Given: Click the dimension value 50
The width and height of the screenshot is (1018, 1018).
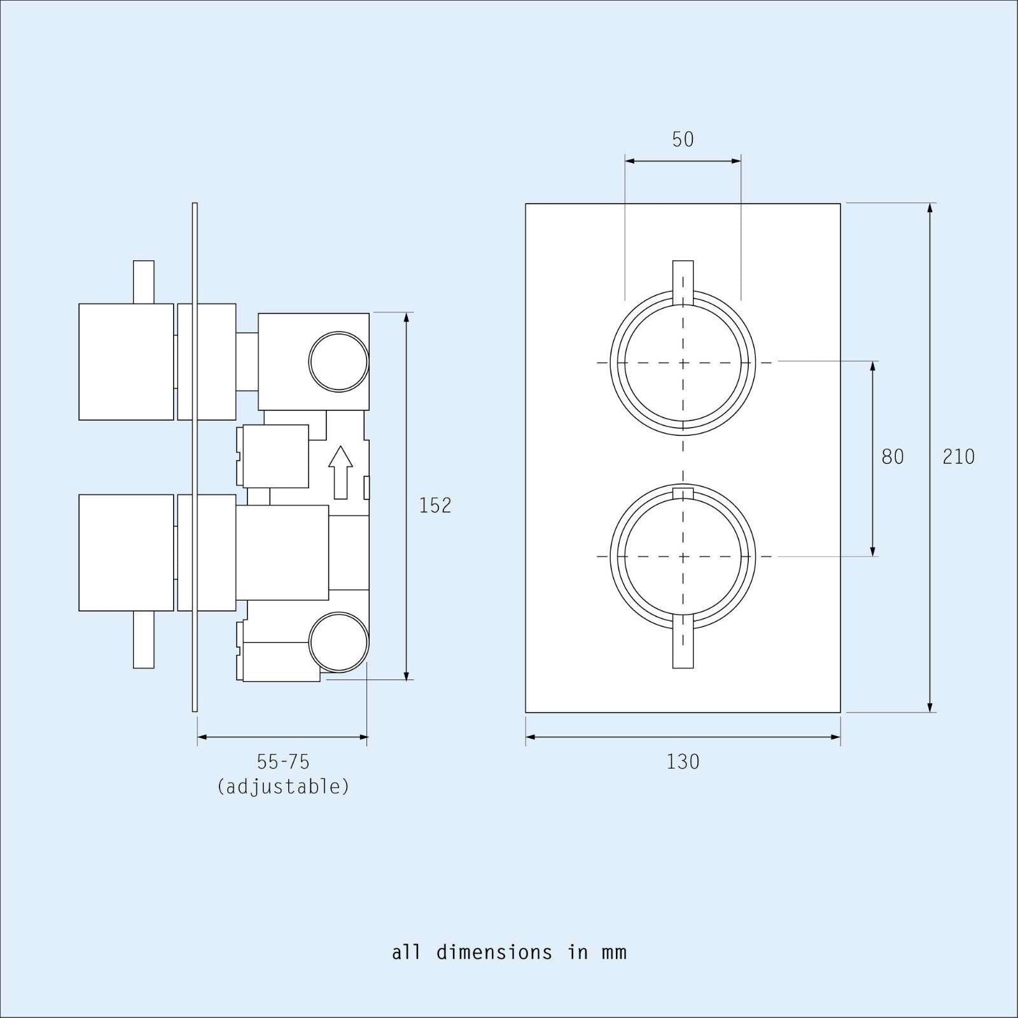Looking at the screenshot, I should [x=683, y=139].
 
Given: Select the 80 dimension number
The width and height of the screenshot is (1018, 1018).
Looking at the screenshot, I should [x=892, y=457].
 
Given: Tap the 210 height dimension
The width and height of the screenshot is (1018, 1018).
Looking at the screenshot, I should [x=958, y=457].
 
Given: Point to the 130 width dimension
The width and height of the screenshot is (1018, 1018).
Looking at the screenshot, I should [x=683, y=762].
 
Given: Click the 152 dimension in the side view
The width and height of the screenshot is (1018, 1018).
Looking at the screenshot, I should [x=435, y=505].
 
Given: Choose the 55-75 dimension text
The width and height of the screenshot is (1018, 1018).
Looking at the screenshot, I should [x=283, y=762].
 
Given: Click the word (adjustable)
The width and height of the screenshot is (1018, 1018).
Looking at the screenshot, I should [x=283, y=787].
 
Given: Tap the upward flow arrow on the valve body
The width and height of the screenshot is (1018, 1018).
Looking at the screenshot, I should [x=340, y=471].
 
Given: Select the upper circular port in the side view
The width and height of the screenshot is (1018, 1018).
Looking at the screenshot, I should [x=338, y=361].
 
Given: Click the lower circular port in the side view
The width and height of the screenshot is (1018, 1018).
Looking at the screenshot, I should [x=338, y=642].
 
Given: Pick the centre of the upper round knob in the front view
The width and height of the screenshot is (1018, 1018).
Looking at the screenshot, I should [x=683, y=363].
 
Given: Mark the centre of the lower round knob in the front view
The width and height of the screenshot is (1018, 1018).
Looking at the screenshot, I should [x=683, y=557].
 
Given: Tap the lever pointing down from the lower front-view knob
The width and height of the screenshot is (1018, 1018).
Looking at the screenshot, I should [x=683, y=643].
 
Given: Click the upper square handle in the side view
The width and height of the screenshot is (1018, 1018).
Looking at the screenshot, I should [x=126, y=361].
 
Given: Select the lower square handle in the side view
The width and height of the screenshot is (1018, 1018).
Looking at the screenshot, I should [x=126, y=552].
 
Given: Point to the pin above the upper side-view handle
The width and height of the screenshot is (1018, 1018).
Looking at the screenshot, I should [x=144, y=281].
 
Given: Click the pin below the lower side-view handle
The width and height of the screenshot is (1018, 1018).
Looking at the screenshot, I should [x=144, y=639].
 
